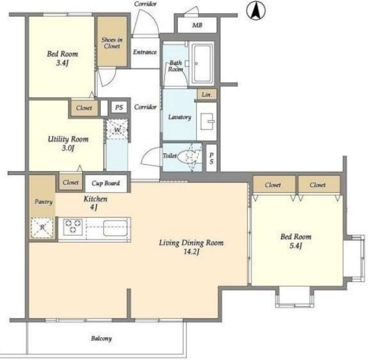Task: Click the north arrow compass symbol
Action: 256,10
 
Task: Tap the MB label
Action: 197,25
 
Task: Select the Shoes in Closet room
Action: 112,41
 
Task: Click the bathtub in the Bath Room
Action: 202,63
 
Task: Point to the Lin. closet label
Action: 206,94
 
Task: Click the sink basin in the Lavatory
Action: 207,122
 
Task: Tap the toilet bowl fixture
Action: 188,157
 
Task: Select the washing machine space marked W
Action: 117,129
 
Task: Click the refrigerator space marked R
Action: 42,228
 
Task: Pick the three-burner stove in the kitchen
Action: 73,227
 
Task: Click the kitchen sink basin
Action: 115,228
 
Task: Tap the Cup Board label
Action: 105,183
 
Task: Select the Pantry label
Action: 44,202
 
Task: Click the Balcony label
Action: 101,338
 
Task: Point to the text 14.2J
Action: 191,252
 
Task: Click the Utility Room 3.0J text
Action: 68,143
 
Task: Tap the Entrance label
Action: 145,52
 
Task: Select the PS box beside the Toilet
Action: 211,158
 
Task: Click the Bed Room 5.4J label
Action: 295,241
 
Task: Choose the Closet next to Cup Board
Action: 71,182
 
